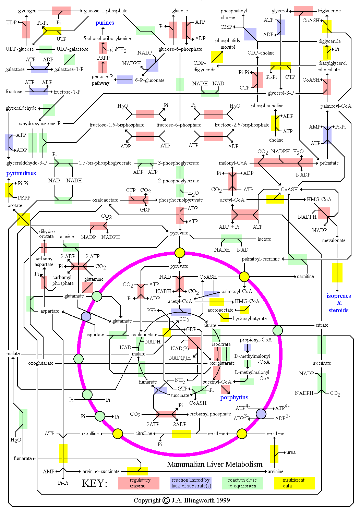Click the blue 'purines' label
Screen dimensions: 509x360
(105, 23)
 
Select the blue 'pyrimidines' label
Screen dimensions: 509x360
(21, 173)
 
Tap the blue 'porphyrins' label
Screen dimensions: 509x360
(234, 397)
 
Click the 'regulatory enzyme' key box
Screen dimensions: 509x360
(139, 483)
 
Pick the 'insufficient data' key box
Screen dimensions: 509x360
(294, 483)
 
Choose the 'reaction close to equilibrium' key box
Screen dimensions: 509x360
(242, 483)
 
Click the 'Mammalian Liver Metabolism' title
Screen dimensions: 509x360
(215, 464)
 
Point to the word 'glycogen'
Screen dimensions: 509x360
(27, 11)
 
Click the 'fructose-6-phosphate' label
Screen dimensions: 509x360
(179, 125)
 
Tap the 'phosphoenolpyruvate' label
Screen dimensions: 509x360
(181, 200)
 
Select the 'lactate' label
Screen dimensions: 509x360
(264, 239)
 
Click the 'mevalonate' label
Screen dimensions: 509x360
(334, 240)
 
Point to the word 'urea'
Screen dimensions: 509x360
(291, 452)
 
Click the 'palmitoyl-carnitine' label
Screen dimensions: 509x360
(261, 259)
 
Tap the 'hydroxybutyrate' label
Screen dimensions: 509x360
(250, 318)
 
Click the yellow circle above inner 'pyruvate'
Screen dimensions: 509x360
(180, 253)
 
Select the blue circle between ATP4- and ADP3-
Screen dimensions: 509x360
(261, 414)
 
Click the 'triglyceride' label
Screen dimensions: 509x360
(329, 11)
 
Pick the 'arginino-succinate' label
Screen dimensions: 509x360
(101, 471)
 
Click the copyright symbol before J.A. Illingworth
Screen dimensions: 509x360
(166, 500)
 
